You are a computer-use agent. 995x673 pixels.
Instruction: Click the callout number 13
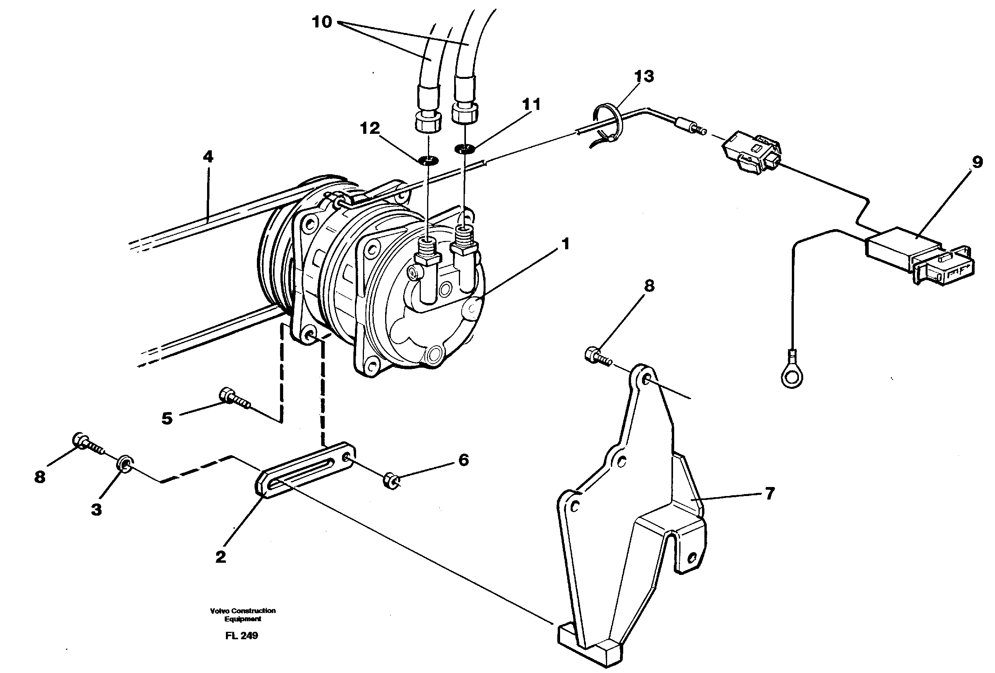(644, 76)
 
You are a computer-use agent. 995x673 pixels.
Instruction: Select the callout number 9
(977, 162)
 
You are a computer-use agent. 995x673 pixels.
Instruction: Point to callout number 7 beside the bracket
(770, 494)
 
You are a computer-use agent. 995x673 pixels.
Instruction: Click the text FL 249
(242, 636)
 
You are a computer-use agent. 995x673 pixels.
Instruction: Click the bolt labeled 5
(234, 398)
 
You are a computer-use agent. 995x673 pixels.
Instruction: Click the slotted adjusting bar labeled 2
(305, 471)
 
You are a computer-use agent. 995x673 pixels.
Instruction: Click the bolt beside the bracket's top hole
(597, 356)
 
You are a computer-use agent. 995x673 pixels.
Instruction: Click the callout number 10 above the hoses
(322, 22)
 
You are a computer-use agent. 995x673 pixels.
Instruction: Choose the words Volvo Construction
(242, 611)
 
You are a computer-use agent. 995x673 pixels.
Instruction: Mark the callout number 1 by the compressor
(566, 244)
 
